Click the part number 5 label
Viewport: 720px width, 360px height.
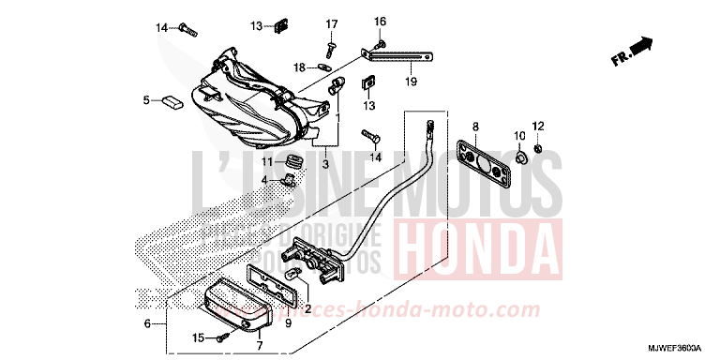[146, 99]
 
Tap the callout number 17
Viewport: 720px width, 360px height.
[331, 23]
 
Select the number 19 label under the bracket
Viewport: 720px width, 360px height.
[410, 82]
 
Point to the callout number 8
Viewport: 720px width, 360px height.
[474, 126]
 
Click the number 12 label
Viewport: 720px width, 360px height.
[538, 126]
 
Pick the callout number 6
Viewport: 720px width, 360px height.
[147, 323]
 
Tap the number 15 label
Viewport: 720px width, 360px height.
[198, 337]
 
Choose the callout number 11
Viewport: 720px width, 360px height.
[266, 161]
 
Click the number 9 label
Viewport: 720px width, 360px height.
[289, 323]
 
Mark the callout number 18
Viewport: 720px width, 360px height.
[298, 67]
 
